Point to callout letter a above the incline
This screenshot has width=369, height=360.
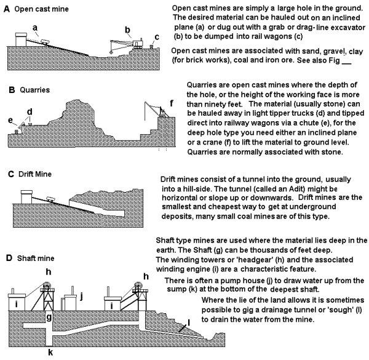click(x=35, y=27)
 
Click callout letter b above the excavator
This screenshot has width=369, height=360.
click(x=127, y=29)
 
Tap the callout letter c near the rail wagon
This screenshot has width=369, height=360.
click(x=157, y=37)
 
